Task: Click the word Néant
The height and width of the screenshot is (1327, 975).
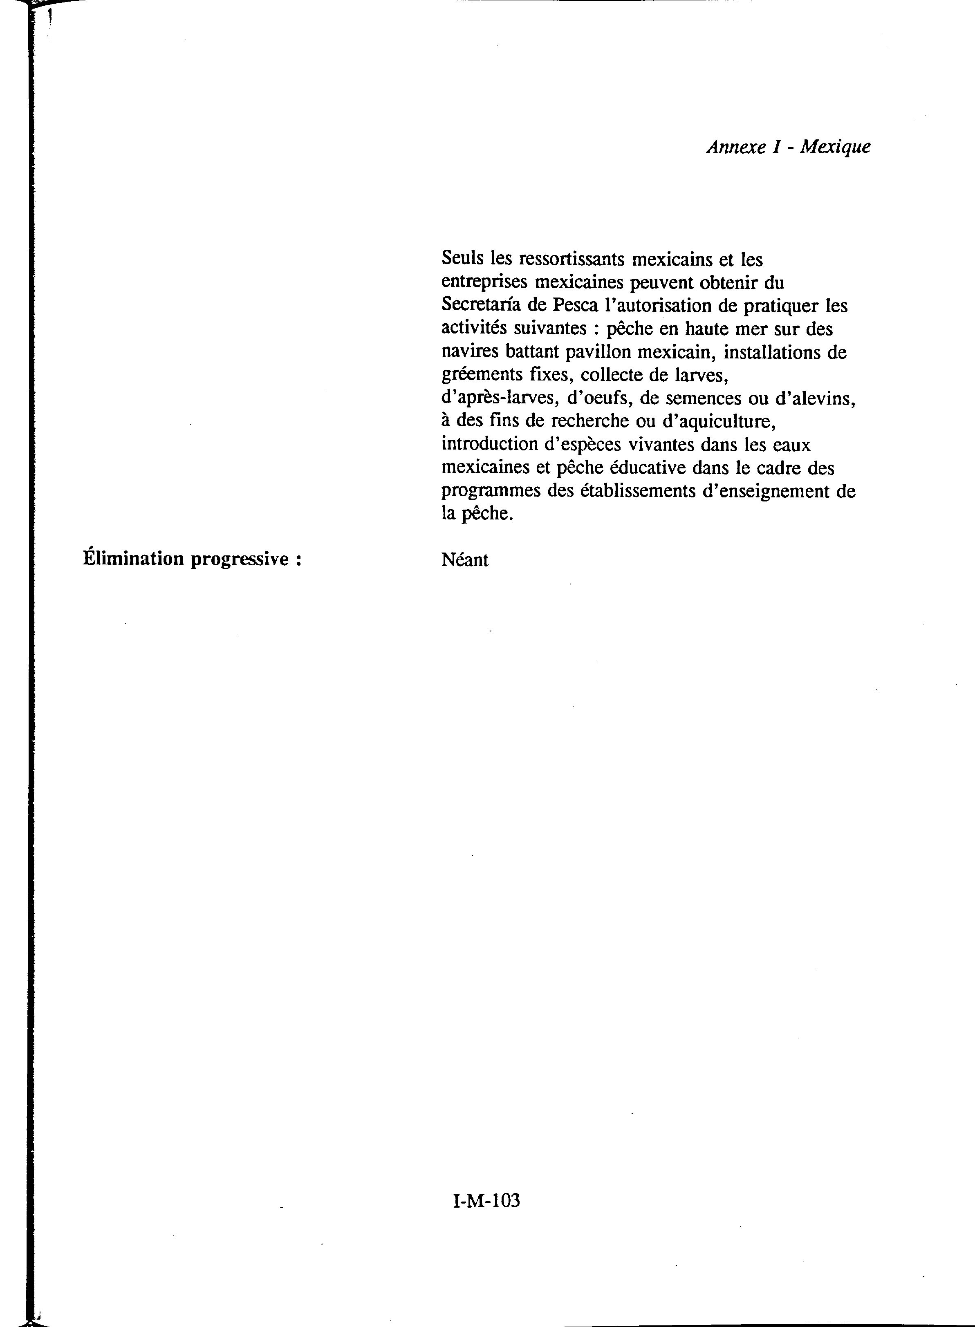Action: (464, 559)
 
